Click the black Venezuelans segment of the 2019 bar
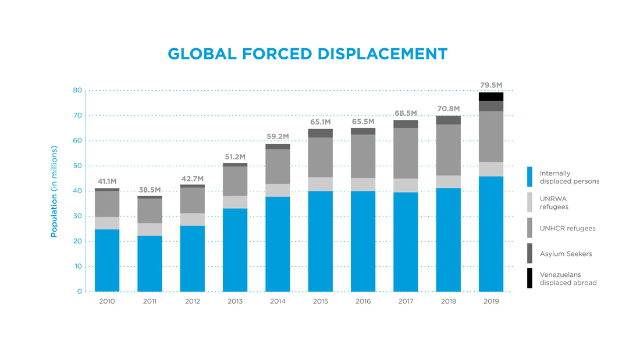(491, 97)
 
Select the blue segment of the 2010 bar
(107, 260)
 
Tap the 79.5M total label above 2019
(491, 85)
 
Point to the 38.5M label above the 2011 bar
(150, 190)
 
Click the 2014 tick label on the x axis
(278, 301)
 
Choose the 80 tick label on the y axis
(77, 90)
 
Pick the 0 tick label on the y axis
(80, 291)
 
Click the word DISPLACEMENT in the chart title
(383, 54)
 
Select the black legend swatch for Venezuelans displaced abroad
(529, 278)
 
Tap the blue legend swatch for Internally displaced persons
(529, 177)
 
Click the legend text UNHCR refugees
(567, 228)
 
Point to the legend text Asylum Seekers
(566, 254)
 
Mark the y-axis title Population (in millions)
(54, 191)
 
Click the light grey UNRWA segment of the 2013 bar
(235, 202)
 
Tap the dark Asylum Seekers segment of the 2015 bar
(321, 133)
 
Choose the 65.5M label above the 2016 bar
(363, 122)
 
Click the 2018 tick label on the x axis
(449, 301)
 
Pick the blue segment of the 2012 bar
(193, 258)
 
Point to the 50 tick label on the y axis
(77, 166)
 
